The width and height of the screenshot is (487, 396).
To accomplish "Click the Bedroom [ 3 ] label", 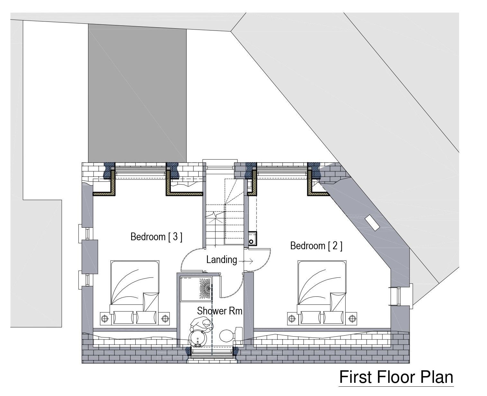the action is tap(156, 237).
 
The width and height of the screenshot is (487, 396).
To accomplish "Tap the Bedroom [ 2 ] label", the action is tap(316, 246).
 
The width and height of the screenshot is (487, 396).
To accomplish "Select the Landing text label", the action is tap(221, 260).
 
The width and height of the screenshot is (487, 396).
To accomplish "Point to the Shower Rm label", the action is tap(220, 311).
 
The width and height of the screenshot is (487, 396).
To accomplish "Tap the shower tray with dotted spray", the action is tap(196, 289).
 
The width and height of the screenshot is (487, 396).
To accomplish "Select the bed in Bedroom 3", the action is tap(135, 291).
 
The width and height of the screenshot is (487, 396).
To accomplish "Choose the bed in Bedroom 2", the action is tap(322, 291).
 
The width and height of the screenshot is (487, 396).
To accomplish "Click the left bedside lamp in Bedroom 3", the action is tap(104, 319).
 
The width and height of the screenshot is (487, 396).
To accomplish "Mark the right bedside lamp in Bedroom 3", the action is tap(165, 319).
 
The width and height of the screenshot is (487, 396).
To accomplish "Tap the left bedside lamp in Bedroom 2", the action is tap(292, 319).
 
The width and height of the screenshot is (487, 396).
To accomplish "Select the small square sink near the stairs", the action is tap(252, 238).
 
